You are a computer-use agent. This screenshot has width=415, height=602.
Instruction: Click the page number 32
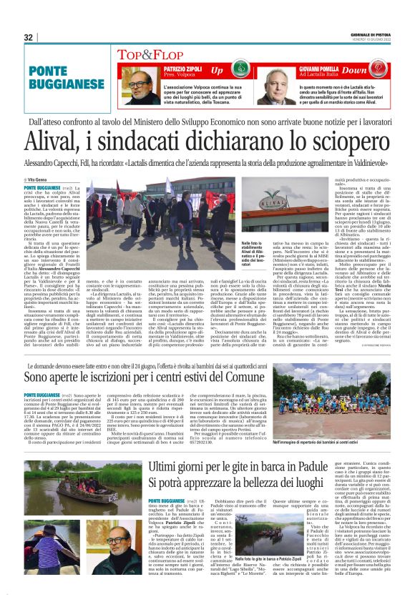click(28, 37)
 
